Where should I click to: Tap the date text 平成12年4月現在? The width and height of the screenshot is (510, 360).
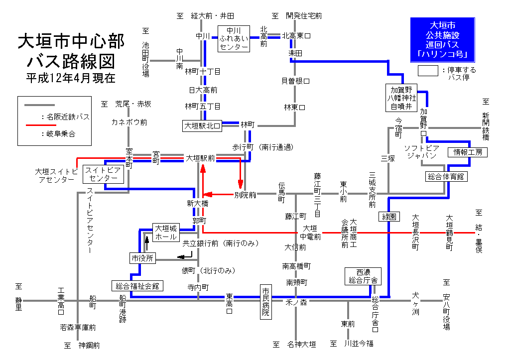(71, 78)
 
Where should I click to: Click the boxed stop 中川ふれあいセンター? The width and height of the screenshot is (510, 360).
(234, 38)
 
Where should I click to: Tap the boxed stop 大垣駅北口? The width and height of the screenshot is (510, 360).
(203, 125)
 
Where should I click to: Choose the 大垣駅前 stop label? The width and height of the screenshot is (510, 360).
(200, 158)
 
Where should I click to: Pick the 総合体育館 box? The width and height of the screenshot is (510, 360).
(447, 176)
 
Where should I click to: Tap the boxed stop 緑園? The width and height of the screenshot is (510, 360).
(389, 217)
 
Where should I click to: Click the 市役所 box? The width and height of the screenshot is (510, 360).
(143, 258)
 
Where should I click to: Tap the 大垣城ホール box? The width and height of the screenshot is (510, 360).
(166, 233)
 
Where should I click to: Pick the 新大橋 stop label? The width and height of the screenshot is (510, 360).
(198, 204)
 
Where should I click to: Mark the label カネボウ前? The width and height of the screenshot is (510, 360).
(129, 122)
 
